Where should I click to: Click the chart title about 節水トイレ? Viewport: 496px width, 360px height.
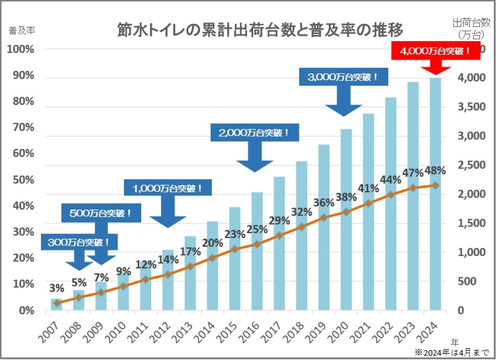[x=260, y=30]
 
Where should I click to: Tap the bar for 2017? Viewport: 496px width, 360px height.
[x=279, y=243]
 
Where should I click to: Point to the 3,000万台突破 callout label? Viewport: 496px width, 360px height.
[x=343, y=77]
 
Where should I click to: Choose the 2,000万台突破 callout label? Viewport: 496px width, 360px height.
[x=254, y=133]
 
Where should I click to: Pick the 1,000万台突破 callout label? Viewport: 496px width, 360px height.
[x=168, y=189]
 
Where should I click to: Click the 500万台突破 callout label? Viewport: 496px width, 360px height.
[x=101, y=213]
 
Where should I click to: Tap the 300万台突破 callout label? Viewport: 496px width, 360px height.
[x=79, y=242]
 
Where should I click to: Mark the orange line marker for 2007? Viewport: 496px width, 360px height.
[x=57, y=303]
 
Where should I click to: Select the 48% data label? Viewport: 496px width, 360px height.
[x=435, y=171]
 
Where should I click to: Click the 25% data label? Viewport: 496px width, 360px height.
[x=257, y=229]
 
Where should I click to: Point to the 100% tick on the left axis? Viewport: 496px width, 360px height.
[x=21, y=49]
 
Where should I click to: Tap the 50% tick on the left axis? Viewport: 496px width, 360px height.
[x=23, y=180]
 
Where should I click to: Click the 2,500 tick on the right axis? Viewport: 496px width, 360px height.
[x=471, y=165]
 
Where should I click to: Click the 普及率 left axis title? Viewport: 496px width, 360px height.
[x=22, y=31]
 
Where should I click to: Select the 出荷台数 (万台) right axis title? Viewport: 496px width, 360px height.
[x=471, y=28]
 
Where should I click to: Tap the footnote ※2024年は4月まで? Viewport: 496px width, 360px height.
[x=452, y=353]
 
